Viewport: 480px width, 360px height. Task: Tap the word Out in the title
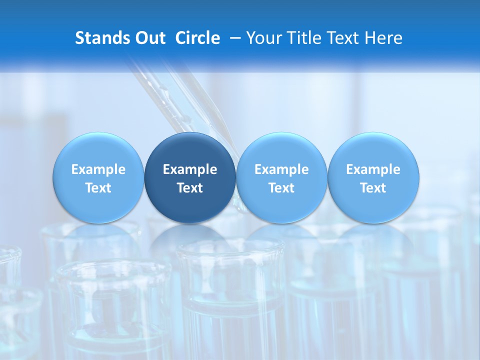pyautogui.click(x=150, y=38)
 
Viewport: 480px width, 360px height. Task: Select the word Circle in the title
pyautogui.click(x=197, y=38)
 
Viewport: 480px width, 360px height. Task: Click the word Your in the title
pyautogui.click(x=263, y=38)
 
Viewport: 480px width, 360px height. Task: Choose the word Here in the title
pyautogui.click(x=384, y=38)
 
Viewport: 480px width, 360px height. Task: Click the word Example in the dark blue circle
pyautogui.click(x=190, y=169)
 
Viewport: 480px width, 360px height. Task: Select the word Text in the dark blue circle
pyautogui.click(x=190, y=188)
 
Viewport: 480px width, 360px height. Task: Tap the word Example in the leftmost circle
pyautogui.click(x=98, y=169)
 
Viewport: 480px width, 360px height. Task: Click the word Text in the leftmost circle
pyautogui.click(x=98, y=188)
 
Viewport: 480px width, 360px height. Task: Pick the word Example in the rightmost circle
pyautogui.click(x=373, y=169)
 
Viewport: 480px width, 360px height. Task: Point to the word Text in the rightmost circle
pyautogui.click(x=373, y=188)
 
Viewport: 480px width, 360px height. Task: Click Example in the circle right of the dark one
pyautogui.click(x=281, y=169)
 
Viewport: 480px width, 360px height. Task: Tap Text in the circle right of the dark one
pyautogui.click(x=281, y=188)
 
